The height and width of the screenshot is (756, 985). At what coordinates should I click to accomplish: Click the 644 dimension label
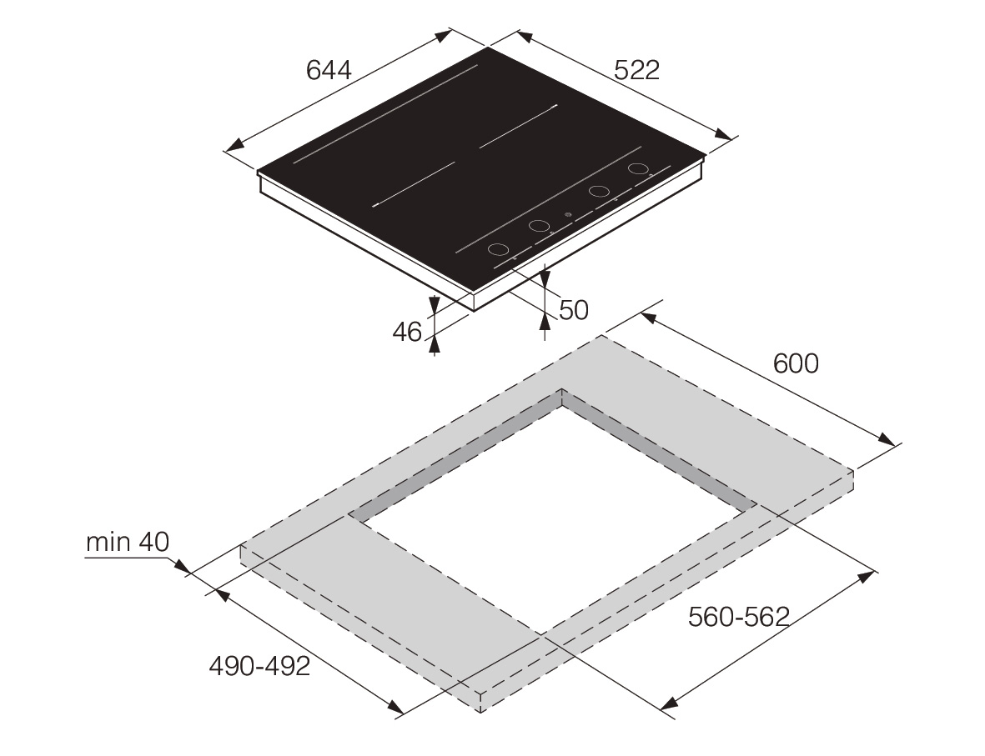tap(329, 70)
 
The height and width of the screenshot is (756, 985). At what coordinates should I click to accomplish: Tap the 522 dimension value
tap(637, 70)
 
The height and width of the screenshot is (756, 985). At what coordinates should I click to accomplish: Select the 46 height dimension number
tap(407, 332)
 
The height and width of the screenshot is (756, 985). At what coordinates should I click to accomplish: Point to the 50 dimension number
tap(574, 310)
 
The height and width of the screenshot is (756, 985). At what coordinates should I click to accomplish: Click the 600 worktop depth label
tap(796, 363)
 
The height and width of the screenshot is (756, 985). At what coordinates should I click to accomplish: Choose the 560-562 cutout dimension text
tap(739, 617)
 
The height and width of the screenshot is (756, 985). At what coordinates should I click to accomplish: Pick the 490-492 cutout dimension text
tap(259, 666)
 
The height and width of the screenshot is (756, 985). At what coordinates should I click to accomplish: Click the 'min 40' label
tap(128, 542)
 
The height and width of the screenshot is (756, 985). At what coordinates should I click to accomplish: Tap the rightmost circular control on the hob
tap(638, 168)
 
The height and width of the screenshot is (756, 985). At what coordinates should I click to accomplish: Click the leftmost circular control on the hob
tap(498, 249)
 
